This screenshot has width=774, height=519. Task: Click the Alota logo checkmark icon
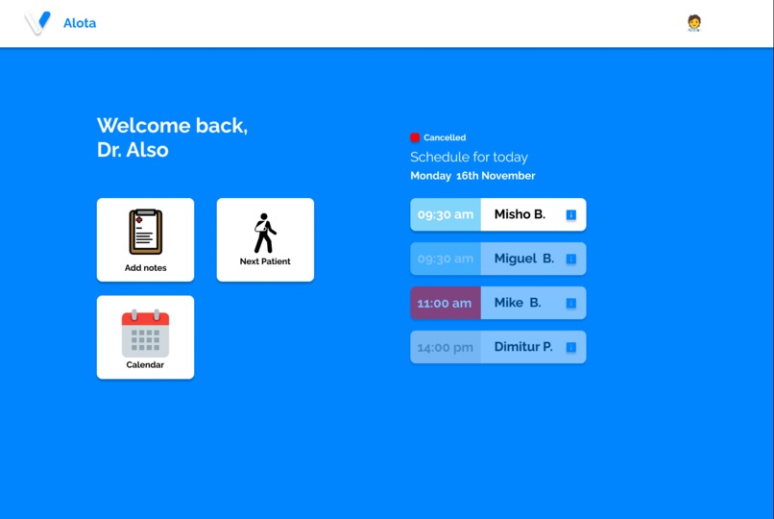point(37,23)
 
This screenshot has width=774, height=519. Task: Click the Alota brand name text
point(80,23)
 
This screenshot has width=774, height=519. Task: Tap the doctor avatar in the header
point(694,23)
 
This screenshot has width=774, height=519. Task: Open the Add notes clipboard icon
point(146,232)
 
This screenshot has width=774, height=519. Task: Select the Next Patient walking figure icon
point(265,234)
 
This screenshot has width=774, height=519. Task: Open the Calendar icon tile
point(145,333)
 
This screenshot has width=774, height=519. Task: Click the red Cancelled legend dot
point(415,137)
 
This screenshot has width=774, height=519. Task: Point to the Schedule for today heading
point(469,157)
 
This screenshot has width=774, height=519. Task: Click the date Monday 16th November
point(472,176)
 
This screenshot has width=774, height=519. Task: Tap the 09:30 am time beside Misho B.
point(446,214)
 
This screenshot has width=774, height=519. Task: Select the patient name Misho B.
point(520,214)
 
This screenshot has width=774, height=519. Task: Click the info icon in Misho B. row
point(571,215)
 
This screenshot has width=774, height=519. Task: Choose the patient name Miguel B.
point(524,259)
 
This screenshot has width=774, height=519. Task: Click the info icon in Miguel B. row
point(571,259)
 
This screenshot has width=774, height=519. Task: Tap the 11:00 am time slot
point(445,303)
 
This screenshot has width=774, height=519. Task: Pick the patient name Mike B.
point(518,303)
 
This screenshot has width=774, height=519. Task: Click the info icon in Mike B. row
point(571,304)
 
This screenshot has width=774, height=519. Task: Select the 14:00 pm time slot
point(446,347)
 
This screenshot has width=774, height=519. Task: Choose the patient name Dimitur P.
point(523,347)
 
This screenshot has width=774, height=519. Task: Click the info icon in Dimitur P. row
point(571,348)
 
